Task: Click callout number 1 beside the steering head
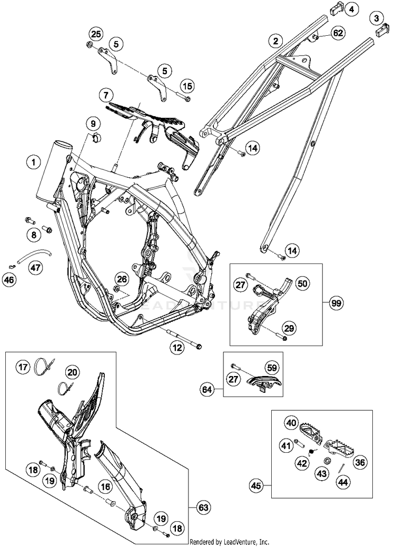coord(34,163)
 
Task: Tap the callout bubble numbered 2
coord(274,40)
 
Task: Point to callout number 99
coord(336,303)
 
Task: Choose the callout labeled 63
coord(202,508)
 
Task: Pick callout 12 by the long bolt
coord(176,347)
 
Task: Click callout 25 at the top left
coord(95,34)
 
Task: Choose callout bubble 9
coord(92,124)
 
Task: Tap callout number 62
coord(338,33)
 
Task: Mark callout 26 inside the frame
coord(122,279)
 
